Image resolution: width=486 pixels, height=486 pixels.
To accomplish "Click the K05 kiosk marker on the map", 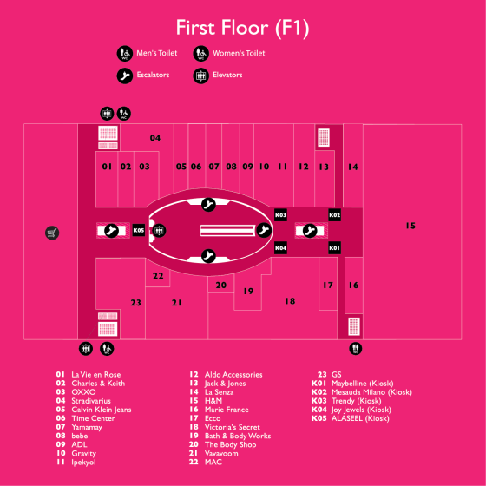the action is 139,230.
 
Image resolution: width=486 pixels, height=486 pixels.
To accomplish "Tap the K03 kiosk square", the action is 280,215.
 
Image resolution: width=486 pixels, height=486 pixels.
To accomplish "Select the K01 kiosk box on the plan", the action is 334,248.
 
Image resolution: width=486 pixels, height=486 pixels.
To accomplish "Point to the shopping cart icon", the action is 52,233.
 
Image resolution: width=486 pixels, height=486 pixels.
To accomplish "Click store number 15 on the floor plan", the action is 410,226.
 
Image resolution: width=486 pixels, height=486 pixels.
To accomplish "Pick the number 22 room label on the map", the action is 158,276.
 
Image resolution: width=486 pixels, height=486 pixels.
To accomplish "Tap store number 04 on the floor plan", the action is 155,138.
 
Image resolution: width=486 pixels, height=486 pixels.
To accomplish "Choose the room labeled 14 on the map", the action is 352,167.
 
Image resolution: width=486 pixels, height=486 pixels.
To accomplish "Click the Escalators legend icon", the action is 125,76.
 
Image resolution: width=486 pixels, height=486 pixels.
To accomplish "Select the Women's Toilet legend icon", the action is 200,54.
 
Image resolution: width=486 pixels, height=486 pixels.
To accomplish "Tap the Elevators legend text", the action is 227,75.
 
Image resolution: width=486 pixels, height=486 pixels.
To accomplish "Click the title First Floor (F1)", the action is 243,28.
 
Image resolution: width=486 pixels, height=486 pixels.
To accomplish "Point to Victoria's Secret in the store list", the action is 233,427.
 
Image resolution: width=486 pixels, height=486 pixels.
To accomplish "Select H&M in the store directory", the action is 213,401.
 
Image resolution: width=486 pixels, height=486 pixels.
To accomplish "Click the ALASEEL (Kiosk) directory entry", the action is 360,418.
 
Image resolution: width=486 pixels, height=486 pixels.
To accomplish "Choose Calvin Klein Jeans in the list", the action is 102,410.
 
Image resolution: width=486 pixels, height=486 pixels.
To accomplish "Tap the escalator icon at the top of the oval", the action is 208,205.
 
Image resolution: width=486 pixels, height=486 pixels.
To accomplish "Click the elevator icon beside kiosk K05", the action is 159,231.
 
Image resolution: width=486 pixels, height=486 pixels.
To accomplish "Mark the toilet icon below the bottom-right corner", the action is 355,349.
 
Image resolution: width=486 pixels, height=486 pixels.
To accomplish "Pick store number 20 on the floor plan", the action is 221,286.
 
